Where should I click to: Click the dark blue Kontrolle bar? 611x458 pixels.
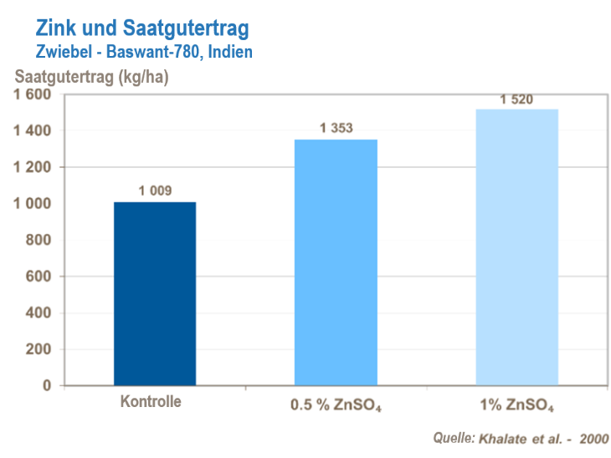tap(155, 293)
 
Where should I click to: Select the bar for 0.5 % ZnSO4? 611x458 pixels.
tap(336, 262)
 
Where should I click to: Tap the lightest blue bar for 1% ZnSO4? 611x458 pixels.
tap(516, 247)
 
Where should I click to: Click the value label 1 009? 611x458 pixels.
tap(155, 191)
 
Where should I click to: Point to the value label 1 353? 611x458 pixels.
tap(336, 129)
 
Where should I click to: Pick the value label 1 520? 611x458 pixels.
tap(516, 99)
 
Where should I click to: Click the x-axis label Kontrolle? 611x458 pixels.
tap(151, 401)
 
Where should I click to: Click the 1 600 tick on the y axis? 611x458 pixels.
tap(32, 94)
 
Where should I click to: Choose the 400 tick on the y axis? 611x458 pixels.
tap(39, 313)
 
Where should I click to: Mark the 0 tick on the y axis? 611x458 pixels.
tap(47, 386)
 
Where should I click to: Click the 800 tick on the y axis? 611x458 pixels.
tap(39, 241)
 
